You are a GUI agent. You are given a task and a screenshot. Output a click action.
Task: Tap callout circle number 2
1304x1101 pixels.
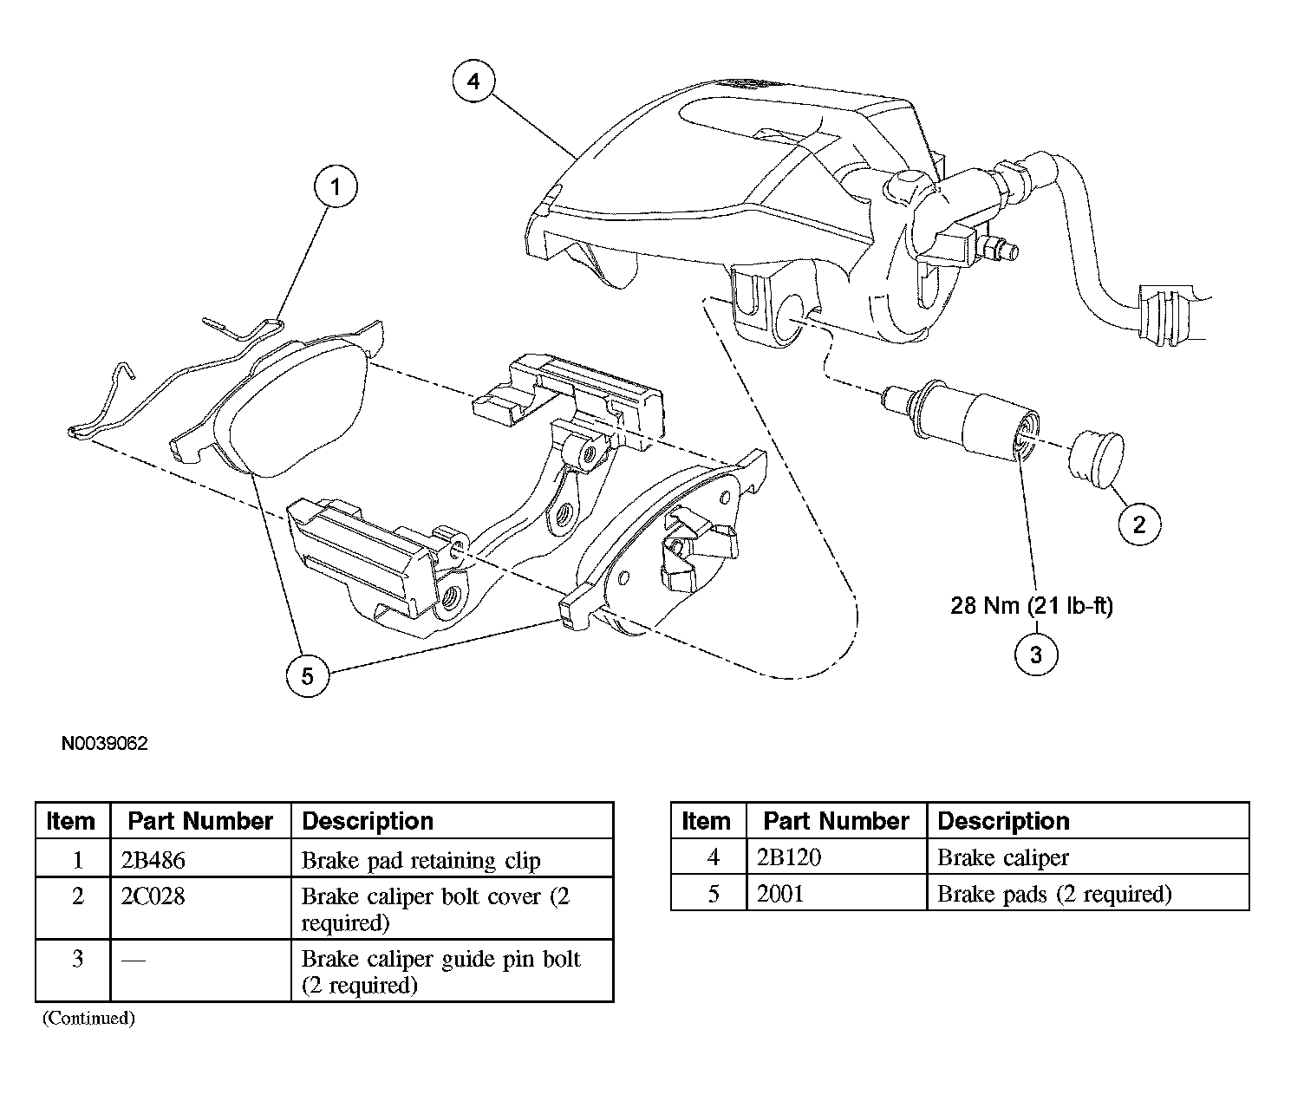pyautogui.click(x=1138, y=524)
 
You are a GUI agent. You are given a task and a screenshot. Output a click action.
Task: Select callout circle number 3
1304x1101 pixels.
pyautogui.click(x=1035, y=655)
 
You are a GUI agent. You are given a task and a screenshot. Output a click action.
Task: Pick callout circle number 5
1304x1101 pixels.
pyautogui.click(x=308, y=674)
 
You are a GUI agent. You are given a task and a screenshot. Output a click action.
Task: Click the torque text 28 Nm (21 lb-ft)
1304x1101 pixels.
pyautogui.click(x=1032, y=605)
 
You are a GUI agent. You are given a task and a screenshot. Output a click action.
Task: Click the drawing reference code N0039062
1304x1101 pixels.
pyautogui.click(x=105, y=744)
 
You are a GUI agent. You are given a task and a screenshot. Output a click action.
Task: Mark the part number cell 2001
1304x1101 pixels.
pyautogui.click(x=780, y=894)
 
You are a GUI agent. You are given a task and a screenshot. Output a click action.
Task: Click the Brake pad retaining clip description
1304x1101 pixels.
pyautogui.click(x=421, y=861)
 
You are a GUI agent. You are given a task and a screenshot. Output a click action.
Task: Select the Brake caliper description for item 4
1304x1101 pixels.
pyautogui.click(x=1003, y=857)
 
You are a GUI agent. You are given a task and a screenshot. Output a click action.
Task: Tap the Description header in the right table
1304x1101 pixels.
pyautogui.click(x=1003, y=821)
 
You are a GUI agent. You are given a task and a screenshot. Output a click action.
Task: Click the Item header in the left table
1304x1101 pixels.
pyautogui.click(x=71, y=821)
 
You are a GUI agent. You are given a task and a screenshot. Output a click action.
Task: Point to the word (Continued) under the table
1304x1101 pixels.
pyautogui.click(x=88, y=1018)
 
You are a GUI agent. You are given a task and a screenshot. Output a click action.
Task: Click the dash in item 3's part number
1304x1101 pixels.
pyautogui.click(x=133, y=960)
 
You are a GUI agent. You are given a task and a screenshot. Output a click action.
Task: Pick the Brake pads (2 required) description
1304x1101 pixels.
pyautogui.click(x=1054, y=894)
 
